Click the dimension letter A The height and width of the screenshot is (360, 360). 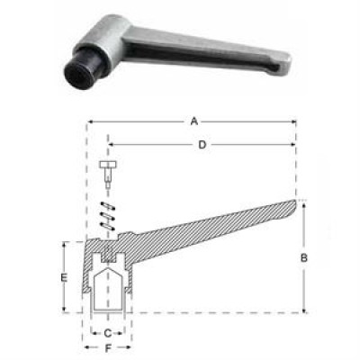194,121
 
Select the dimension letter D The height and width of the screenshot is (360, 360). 202,145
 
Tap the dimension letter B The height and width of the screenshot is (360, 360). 304,257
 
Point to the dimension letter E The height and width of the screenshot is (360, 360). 64,278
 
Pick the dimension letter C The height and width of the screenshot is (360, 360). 107,333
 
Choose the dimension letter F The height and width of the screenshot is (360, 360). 108,348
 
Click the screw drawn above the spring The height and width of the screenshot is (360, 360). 108,174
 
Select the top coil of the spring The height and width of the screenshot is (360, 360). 108,206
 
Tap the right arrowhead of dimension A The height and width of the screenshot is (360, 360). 293,121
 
